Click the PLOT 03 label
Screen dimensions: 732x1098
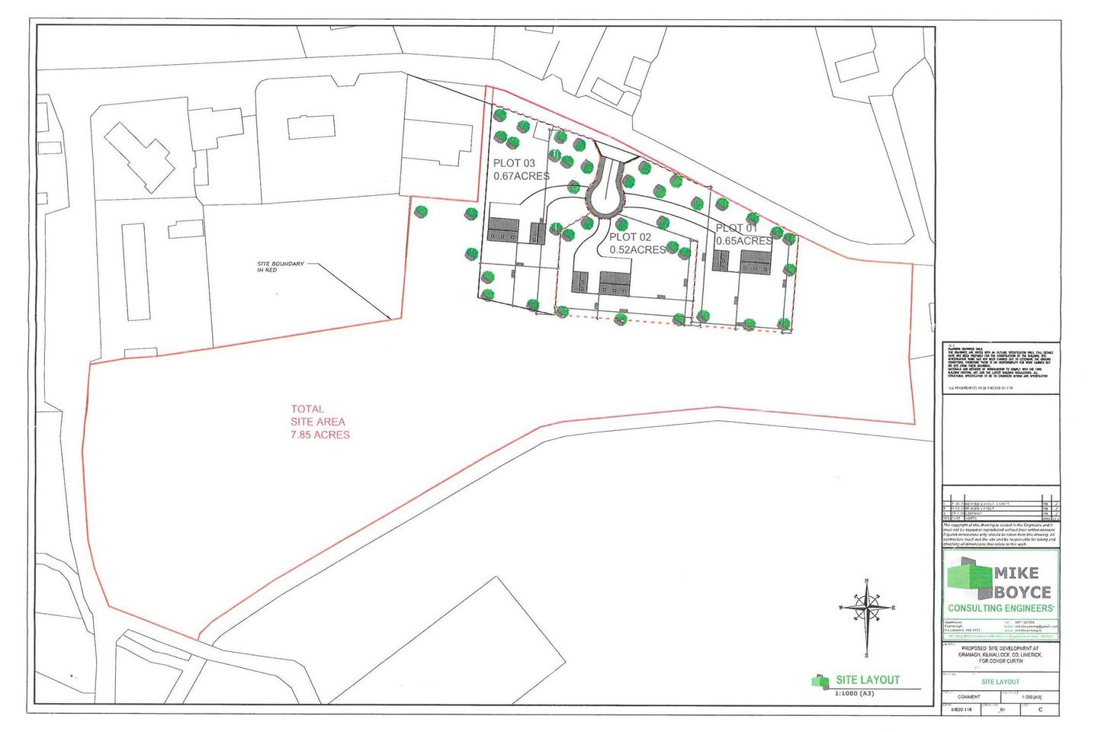pos(514,163)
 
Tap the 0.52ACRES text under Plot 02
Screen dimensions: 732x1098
pos(637,249)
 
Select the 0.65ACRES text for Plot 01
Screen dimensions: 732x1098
pos(743,241)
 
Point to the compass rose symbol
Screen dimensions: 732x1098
pos(867,608)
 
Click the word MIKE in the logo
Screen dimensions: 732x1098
pos(1016,573)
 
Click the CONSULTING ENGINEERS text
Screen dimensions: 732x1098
pos(1000,608)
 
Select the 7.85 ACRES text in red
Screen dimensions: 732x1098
pos(320,435)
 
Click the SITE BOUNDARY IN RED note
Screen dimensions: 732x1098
pos(281,267)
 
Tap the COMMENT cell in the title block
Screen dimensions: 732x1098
pos(968,697)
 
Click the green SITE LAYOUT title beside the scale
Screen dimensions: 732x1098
pos(868,680)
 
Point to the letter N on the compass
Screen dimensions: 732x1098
pos(867,582)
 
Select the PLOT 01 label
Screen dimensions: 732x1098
pos(737,228)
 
